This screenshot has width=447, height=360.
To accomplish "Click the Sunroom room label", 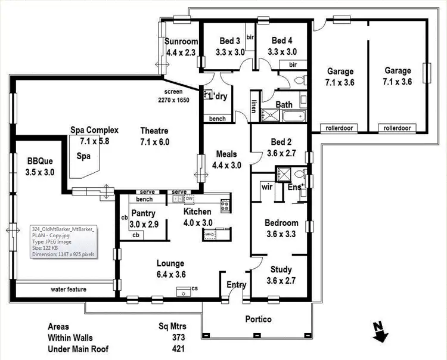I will click(181, 42).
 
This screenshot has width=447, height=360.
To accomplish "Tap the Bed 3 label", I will click(230, 41).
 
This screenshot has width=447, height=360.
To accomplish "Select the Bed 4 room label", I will click(282, 41).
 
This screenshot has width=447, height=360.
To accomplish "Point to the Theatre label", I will click(154, 131).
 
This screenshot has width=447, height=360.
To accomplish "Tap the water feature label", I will click(69, 290).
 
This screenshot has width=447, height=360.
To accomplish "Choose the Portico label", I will click(258, 319).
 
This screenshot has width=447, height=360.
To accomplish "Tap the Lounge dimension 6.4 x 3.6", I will click(170, 274).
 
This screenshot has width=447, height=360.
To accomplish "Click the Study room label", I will click(281, 269).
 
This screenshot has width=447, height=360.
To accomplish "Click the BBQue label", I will click(40, 161).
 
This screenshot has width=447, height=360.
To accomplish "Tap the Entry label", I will click(237, 285).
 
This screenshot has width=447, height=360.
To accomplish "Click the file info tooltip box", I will click(63, 241).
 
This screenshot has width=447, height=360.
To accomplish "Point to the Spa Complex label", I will click(94, 130).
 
